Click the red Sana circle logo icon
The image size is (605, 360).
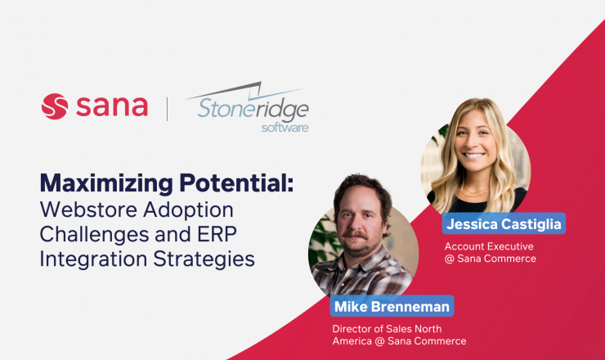(x=55, y=106)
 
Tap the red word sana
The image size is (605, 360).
(x=112, y=106)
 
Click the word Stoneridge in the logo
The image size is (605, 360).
(x=253, y=108)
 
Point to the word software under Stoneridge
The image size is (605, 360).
(x=285, y=128)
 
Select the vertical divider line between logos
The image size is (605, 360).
(x=167, y=110)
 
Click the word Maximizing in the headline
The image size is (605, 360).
(x=106, y=183)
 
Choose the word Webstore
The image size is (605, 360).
(x=89, y=209)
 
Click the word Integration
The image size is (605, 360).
(x=93, y=259)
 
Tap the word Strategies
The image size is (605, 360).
(x=204, y=259)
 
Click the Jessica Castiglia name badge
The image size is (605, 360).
(x=504, y=223)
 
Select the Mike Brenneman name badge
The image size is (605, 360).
(x=392, y=306)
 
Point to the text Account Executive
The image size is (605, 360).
(x=489, y=246)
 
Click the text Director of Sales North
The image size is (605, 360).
(x=387, y=329)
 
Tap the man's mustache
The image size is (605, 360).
(x=356, y=234)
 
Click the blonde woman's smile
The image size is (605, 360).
(x=474, y=155)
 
